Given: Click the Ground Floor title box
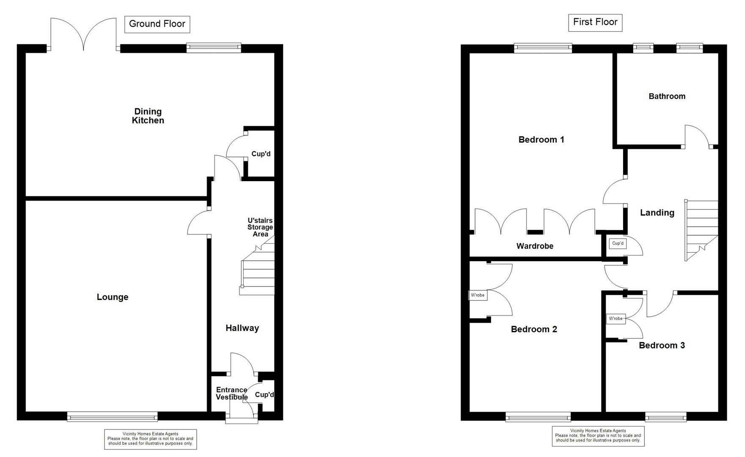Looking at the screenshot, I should (157, 24).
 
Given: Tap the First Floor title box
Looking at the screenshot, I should (595, 22).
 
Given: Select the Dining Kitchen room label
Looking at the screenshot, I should (148, 116).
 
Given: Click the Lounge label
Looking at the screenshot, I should (113, 297).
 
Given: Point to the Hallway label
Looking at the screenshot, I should (242, 328).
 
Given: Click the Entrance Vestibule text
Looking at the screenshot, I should (231, 394).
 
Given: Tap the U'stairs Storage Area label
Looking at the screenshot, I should (260, 227).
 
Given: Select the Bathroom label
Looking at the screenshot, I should (667, 96).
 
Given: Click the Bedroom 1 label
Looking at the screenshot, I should (541, 140).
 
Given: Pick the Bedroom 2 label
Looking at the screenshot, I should (534, 329).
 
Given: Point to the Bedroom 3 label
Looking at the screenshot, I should (662, 345).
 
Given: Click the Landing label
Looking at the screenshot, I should (657, 213).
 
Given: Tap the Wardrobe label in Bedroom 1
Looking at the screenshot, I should (535, 246).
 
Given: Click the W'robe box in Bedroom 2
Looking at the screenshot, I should (478, 295).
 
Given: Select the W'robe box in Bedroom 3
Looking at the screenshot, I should (616, 319).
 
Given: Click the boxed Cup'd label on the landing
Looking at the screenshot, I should (618, 243).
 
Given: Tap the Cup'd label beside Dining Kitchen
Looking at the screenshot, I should (261, 154).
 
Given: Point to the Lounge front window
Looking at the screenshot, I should (113, 417).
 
